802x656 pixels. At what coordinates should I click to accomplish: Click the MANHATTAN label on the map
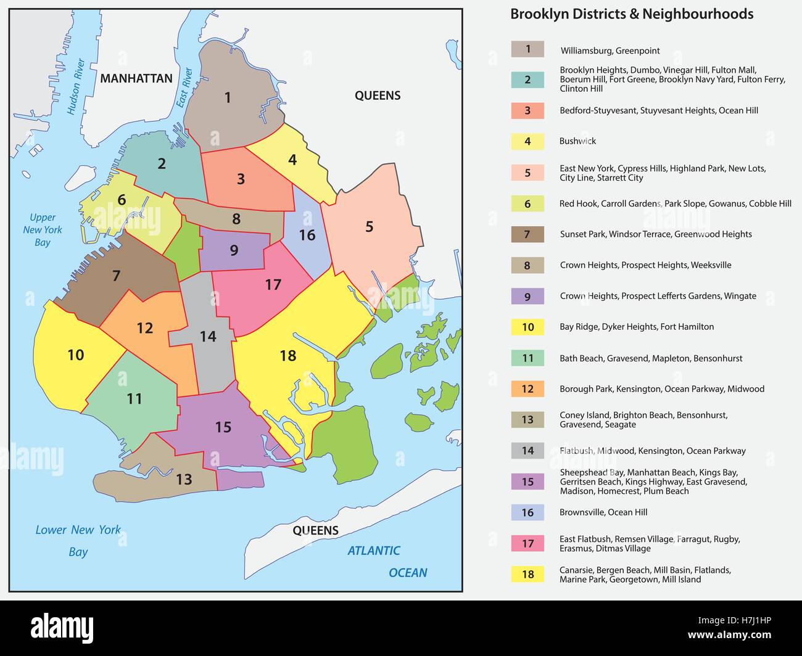[136, 78]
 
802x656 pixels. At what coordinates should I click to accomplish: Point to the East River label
[184, 88]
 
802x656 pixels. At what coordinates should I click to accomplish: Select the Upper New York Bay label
[42, 230]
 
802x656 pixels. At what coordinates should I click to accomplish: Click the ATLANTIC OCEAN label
[387, 561]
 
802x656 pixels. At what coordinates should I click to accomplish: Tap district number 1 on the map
[228, 97]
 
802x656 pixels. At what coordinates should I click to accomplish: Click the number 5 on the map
[369, 226]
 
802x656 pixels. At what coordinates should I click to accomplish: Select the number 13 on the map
[184, 479]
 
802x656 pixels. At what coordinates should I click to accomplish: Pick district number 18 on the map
[288, 356]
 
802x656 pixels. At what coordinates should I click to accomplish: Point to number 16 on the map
[307, 235]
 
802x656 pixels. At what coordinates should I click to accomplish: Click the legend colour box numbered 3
[527, 111]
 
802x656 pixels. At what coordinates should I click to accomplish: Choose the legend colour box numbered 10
[527, 327]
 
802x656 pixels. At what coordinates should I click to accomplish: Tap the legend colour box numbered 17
[527, 543]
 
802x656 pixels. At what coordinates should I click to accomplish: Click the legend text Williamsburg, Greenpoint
[610, 51]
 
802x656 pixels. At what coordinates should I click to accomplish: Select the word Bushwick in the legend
[577, 141]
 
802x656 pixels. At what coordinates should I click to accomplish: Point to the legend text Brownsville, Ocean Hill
[603, 512]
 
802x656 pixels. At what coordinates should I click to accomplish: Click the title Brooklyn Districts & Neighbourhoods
[632, 14]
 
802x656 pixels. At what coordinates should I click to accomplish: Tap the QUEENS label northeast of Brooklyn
[378, 96]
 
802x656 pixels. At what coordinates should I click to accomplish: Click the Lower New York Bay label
[78, 540]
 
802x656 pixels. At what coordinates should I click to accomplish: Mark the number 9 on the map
[234, 250]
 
